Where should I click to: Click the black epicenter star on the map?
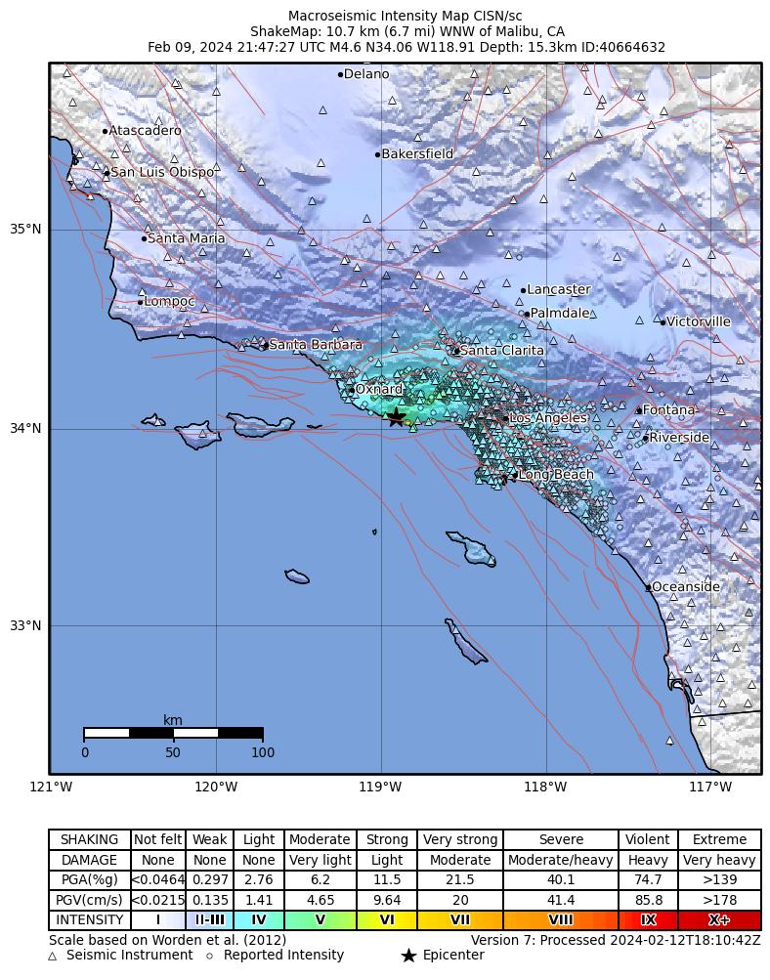[396, 417]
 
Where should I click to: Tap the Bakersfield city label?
[417, 154]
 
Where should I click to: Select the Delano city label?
[366, 74]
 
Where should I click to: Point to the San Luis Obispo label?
[162, 173]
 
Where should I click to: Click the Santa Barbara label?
[316, 345]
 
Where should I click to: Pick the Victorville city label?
[698, 321]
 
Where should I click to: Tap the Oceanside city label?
[686, 587]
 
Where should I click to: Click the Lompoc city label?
[170, 302]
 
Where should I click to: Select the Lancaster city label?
[558, 290]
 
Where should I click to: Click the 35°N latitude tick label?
[25, 230]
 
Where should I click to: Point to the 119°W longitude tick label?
[380, 788]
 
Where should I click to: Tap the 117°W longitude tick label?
[710, 788]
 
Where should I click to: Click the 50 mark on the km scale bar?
[173, 752]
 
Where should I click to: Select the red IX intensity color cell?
[648, 920]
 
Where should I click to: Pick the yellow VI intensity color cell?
[387, 920]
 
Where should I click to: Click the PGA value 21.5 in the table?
[459, 880]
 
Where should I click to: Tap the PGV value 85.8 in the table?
[648, 900]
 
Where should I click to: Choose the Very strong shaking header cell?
[459, 840]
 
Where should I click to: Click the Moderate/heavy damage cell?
[561, 861]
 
